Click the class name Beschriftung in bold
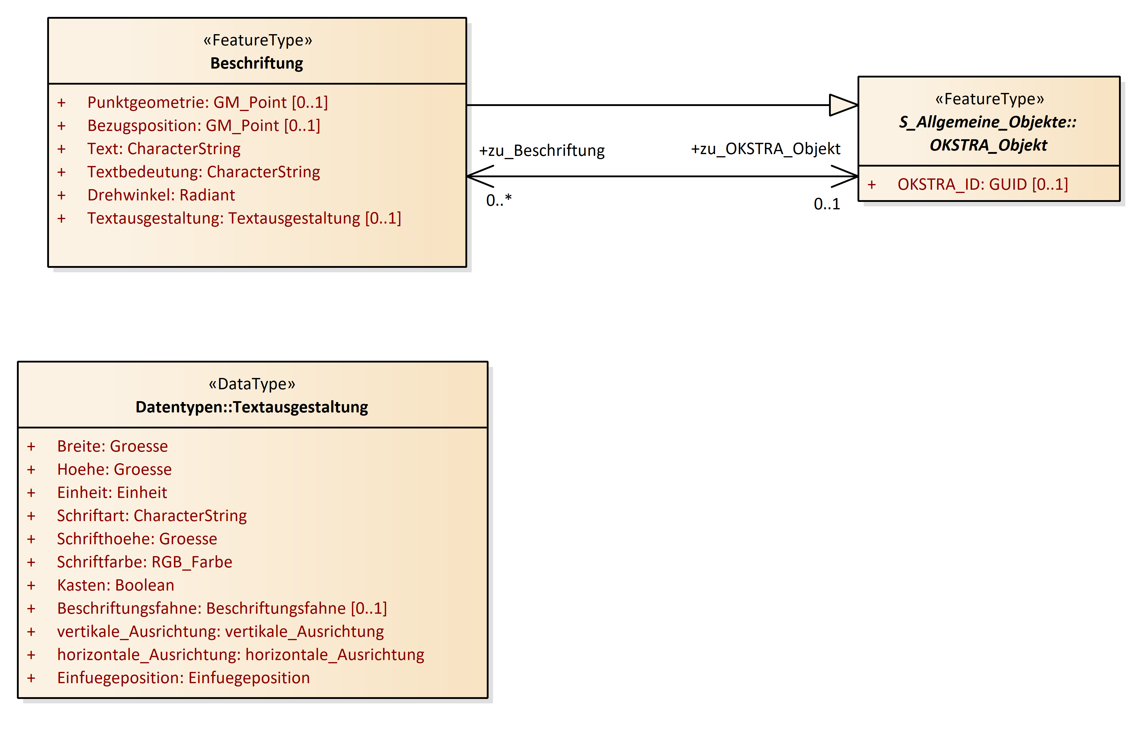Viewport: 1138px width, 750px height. [257, 63]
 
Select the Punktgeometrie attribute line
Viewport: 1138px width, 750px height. [207, 102]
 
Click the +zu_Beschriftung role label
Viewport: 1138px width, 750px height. [542, 151]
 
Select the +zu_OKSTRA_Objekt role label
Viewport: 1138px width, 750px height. [765, 149]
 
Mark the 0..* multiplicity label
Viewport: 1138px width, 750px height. [499, 200]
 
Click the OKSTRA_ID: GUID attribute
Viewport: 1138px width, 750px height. [982, 184]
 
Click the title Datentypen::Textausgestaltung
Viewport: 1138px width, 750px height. [252, 407]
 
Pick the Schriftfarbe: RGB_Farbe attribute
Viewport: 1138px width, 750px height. [144, 562]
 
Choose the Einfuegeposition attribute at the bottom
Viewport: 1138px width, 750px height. [183, 678]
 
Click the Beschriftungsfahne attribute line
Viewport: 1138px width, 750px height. [222, 608]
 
